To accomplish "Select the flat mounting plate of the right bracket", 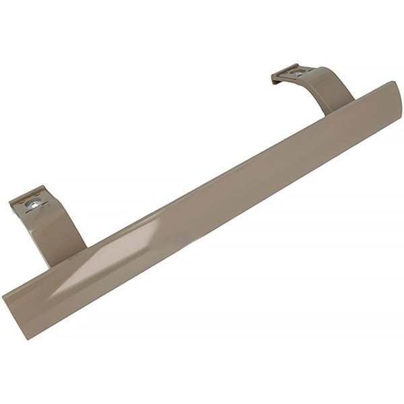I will (294, 73).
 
